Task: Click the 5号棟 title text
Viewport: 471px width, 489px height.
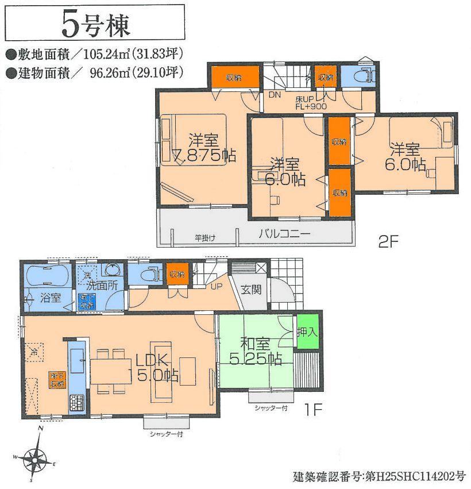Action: [x=95, y=25]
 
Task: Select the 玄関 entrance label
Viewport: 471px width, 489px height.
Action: [x=252, y=289]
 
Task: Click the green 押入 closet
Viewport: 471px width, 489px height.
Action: [x=307, y=332]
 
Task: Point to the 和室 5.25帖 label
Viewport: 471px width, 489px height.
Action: [x=253, y=352]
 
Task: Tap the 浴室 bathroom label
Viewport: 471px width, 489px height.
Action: [x=49, y=298]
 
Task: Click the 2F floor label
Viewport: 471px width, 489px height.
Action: [x=388, y=242]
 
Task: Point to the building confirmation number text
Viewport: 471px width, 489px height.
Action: [x=379, y=476]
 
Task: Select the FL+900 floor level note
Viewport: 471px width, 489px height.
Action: [x=296, y=106]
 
